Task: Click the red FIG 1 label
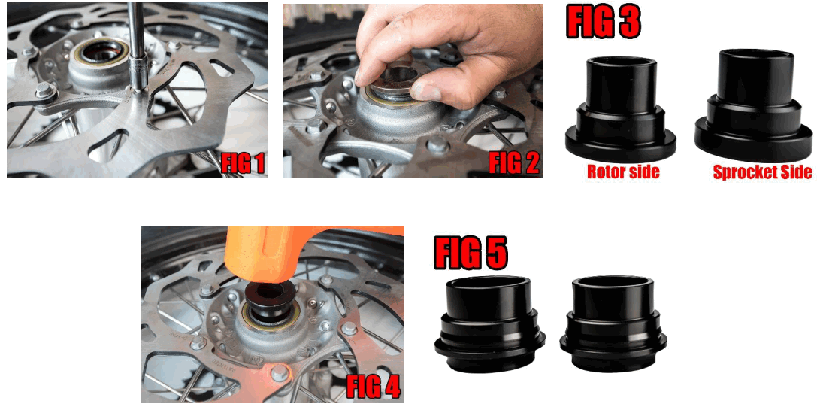(243, 163)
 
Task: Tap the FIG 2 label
(514, 162)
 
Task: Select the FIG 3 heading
(603, 22)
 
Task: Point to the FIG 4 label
(374, 387)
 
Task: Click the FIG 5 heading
(471, 254)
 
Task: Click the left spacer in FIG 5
(489, 323)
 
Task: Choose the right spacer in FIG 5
(615, 321)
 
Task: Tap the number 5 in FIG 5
(495, 254)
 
